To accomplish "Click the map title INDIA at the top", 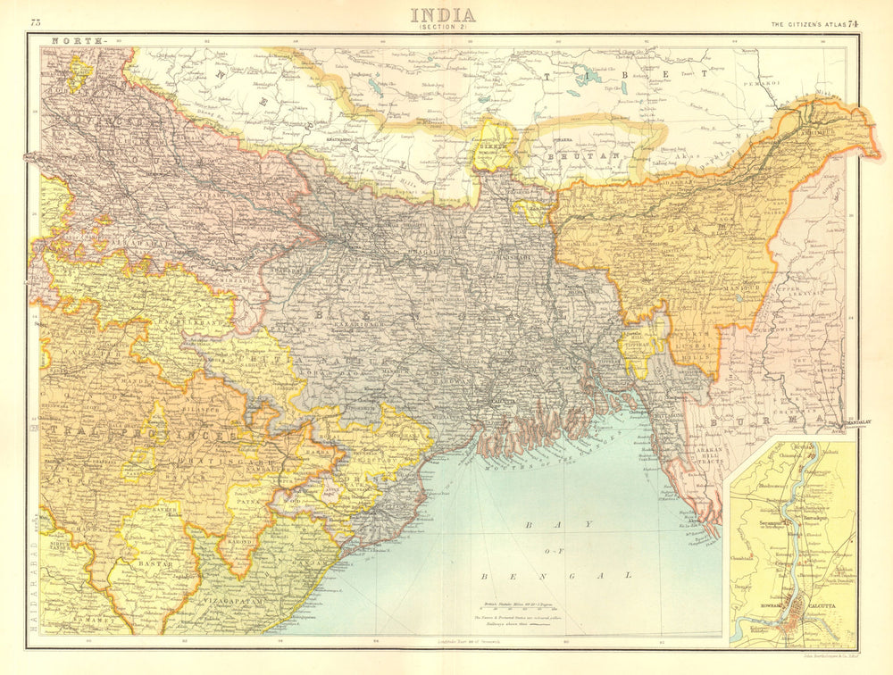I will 443,15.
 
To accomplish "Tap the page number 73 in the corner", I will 36,21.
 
